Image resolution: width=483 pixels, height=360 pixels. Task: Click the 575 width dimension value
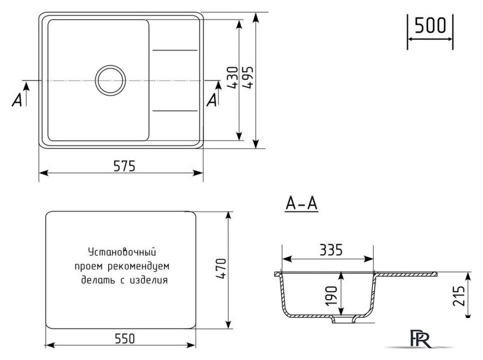click(124, 166)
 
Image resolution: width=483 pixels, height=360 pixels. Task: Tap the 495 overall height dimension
click(248, 77)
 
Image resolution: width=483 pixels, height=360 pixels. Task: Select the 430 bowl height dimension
click(233, 78)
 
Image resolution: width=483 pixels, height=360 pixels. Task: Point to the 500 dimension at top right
click(430, 25)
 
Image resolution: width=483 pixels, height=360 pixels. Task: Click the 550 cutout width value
click(125, 339)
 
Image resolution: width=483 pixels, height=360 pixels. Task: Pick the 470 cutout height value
click(221, 269)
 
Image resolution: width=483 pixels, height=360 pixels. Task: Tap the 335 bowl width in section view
click(331, 250)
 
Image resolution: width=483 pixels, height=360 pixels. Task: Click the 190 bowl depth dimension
click(332, 296)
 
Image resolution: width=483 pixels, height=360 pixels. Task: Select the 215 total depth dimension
click(459, 296)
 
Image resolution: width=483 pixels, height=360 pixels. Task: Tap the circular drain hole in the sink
click(110, 81)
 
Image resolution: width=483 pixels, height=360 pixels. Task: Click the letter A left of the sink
click(17, 100)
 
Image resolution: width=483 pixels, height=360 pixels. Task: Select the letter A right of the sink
click(212, 100)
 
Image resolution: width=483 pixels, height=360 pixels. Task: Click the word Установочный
click(122, 252)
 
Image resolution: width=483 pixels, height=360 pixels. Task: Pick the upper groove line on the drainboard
click(175, 50)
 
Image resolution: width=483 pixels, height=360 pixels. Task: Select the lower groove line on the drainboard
click(175, 110)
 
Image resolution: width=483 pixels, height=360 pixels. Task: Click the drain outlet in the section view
click(342, 320)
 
